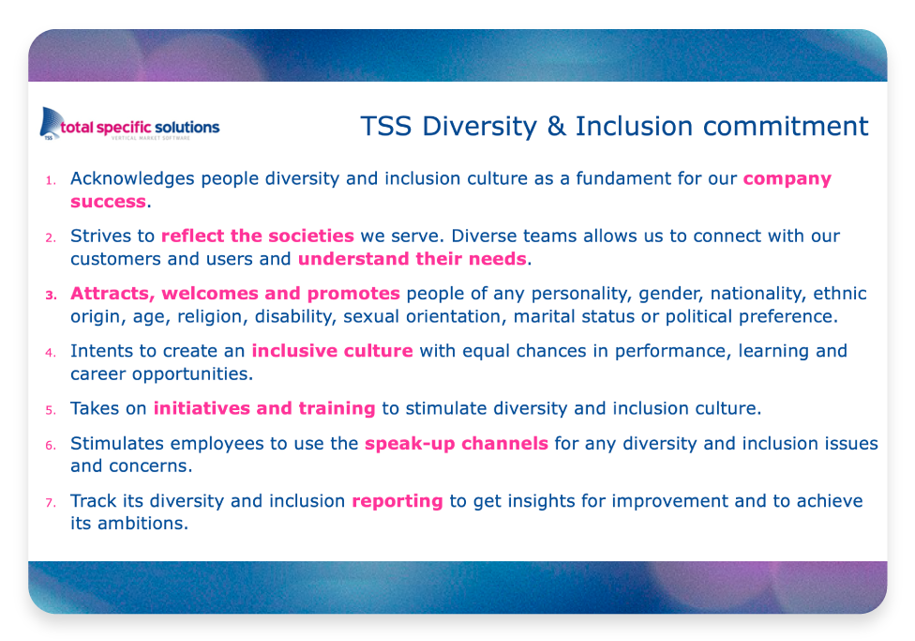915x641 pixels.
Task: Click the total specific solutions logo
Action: tap(129, 124)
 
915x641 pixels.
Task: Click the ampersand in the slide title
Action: tap(556, 126)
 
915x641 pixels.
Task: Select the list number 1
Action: tap(52, 180)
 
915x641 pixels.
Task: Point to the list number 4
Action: tap(52, 352)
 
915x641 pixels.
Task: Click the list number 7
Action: tap(52, 502)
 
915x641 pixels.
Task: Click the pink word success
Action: tap(108, 202)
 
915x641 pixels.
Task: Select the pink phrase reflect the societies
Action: tap(257, 236)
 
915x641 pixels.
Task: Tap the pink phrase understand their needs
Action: tap(412, 258)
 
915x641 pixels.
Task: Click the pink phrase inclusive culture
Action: tap(332, 351)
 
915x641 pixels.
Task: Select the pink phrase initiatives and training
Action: tap(264, 408)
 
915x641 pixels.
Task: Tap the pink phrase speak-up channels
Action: tap(457, 444)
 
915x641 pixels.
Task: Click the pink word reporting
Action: tap(397, 501)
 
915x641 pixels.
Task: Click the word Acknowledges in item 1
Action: tap(132, 179)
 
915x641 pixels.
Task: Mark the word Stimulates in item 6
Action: tap(117, 444)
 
